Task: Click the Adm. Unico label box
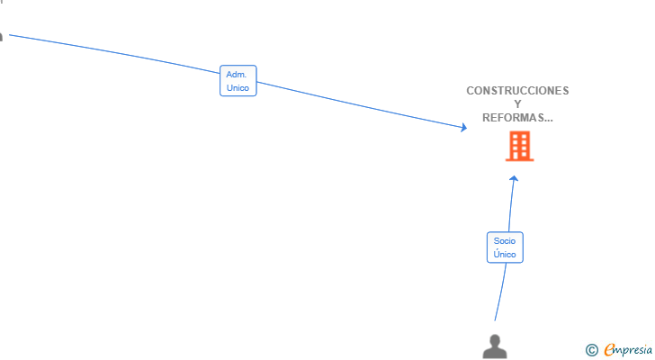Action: [238, 81]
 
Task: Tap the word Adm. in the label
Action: [236, 75]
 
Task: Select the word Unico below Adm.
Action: [238, 87]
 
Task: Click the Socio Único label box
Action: [505, 247]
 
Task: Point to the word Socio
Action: [505, 241]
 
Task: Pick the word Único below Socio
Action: [505, 254]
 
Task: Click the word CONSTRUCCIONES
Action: [517, 91]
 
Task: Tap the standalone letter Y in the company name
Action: [518, 104]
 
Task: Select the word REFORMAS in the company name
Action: [513, 118]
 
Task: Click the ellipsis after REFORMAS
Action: [548, 121]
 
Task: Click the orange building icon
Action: [520, 146]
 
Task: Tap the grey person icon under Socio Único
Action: [495, 346]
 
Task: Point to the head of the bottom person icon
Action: [495, 340]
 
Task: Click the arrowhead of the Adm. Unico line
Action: [463, 128]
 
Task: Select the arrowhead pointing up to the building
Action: [514, 178]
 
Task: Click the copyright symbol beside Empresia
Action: [591, 350]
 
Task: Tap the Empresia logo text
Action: [628, 349]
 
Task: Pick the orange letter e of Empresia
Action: [609, 349]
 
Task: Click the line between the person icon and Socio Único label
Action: [500, 292]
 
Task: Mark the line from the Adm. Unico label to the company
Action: [360, 104]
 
